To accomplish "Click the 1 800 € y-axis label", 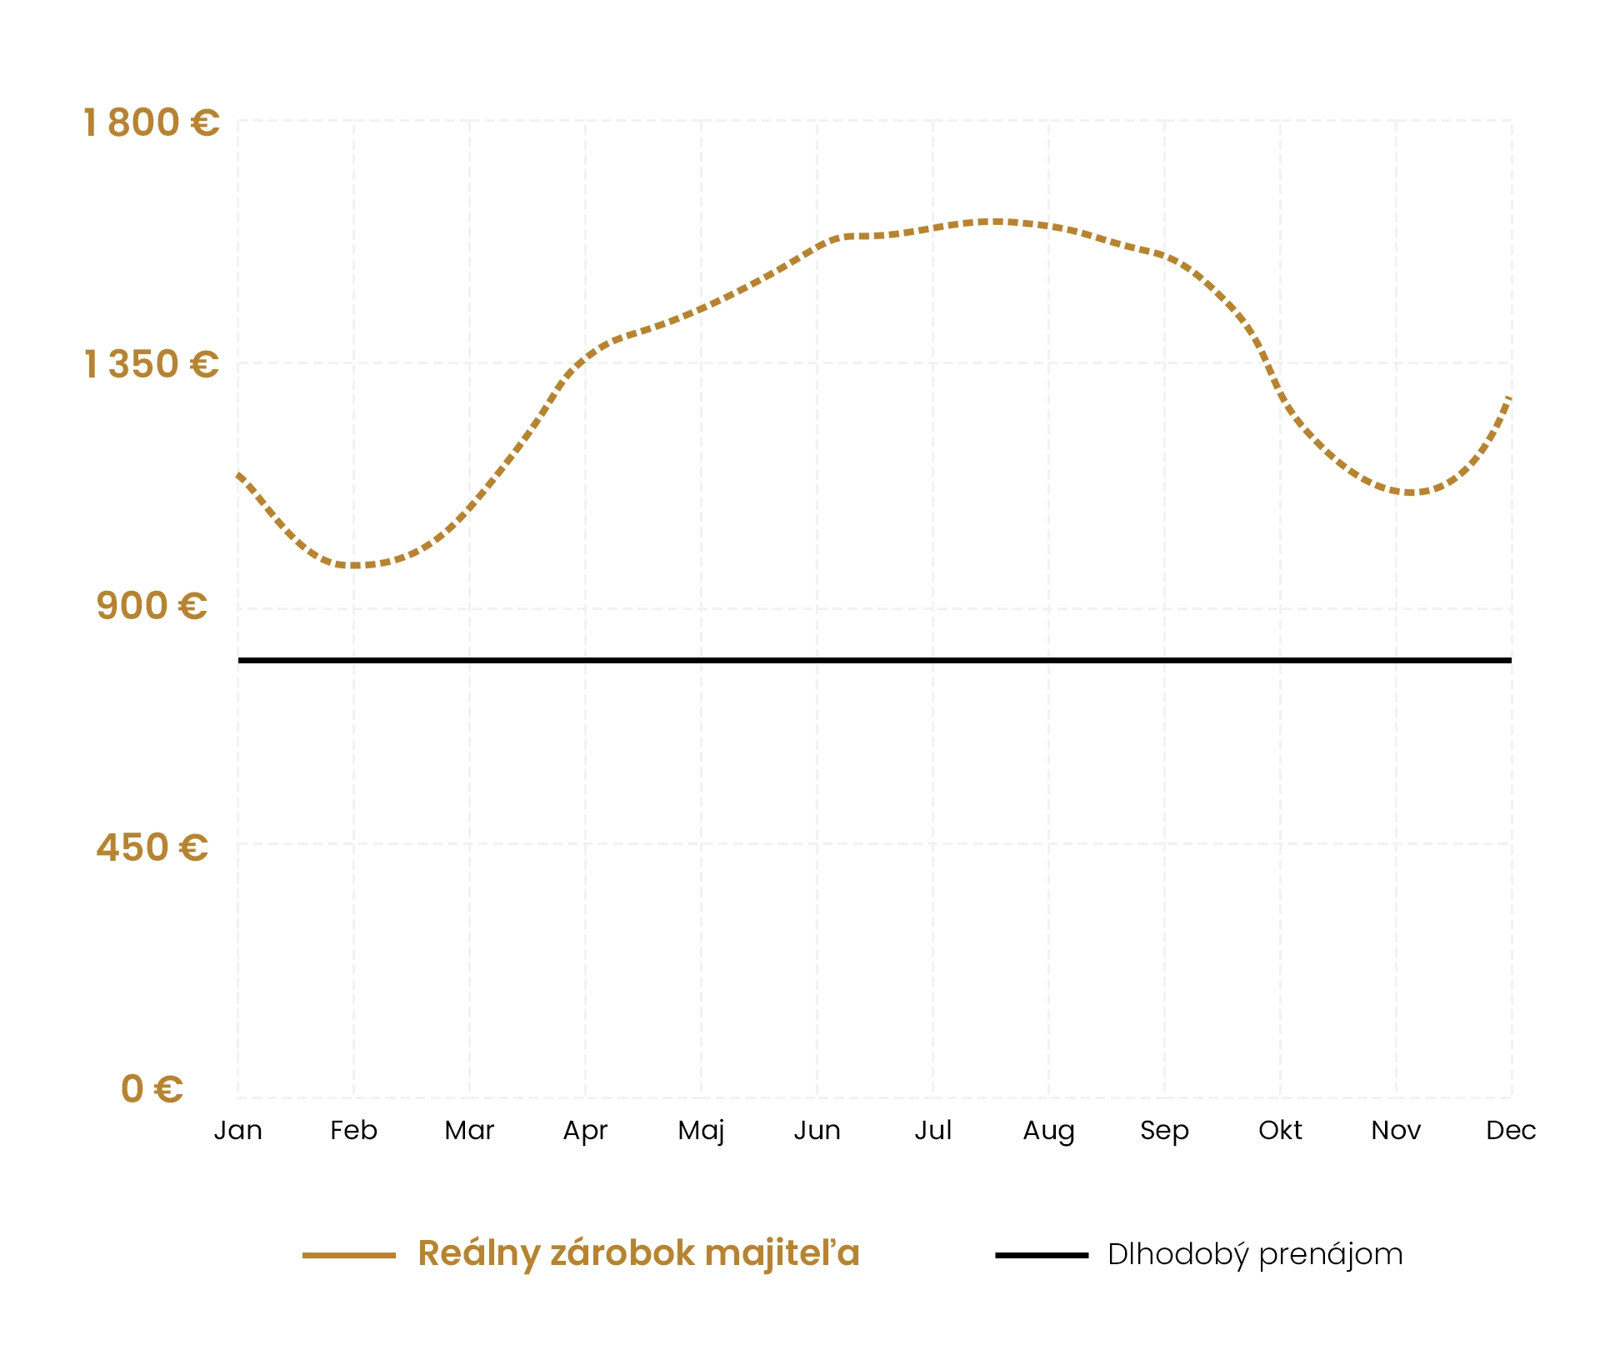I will coord(151,122).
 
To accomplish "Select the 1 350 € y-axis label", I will coord(151,364).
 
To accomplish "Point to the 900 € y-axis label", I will coord(151,606).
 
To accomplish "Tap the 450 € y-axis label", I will coord(152,847).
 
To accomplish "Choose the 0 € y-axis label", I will coord(152,1089).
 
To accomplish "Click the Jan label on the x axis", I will coord(238,1130).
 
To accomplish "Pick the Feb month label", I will coord(353,1130).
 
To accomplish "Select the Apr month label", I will coord(585,1131).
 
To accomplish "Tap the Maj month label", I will coord(701,1131).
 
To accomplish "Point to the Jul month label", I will coord(932,1130).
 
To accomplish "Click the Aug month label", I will coord(1048,1131).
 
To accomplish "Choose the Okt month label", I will coord(1280,1130).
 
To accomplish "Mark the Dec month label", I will coord(1511,1130).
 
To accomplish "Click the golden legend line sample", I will coord(348,1255).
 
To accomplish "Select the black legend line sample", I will coord(1042,1255).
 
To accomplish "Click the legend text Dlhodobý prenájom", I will coord(1255,1255).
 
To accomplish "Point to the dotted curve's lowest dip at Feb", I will coord(355,566).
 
